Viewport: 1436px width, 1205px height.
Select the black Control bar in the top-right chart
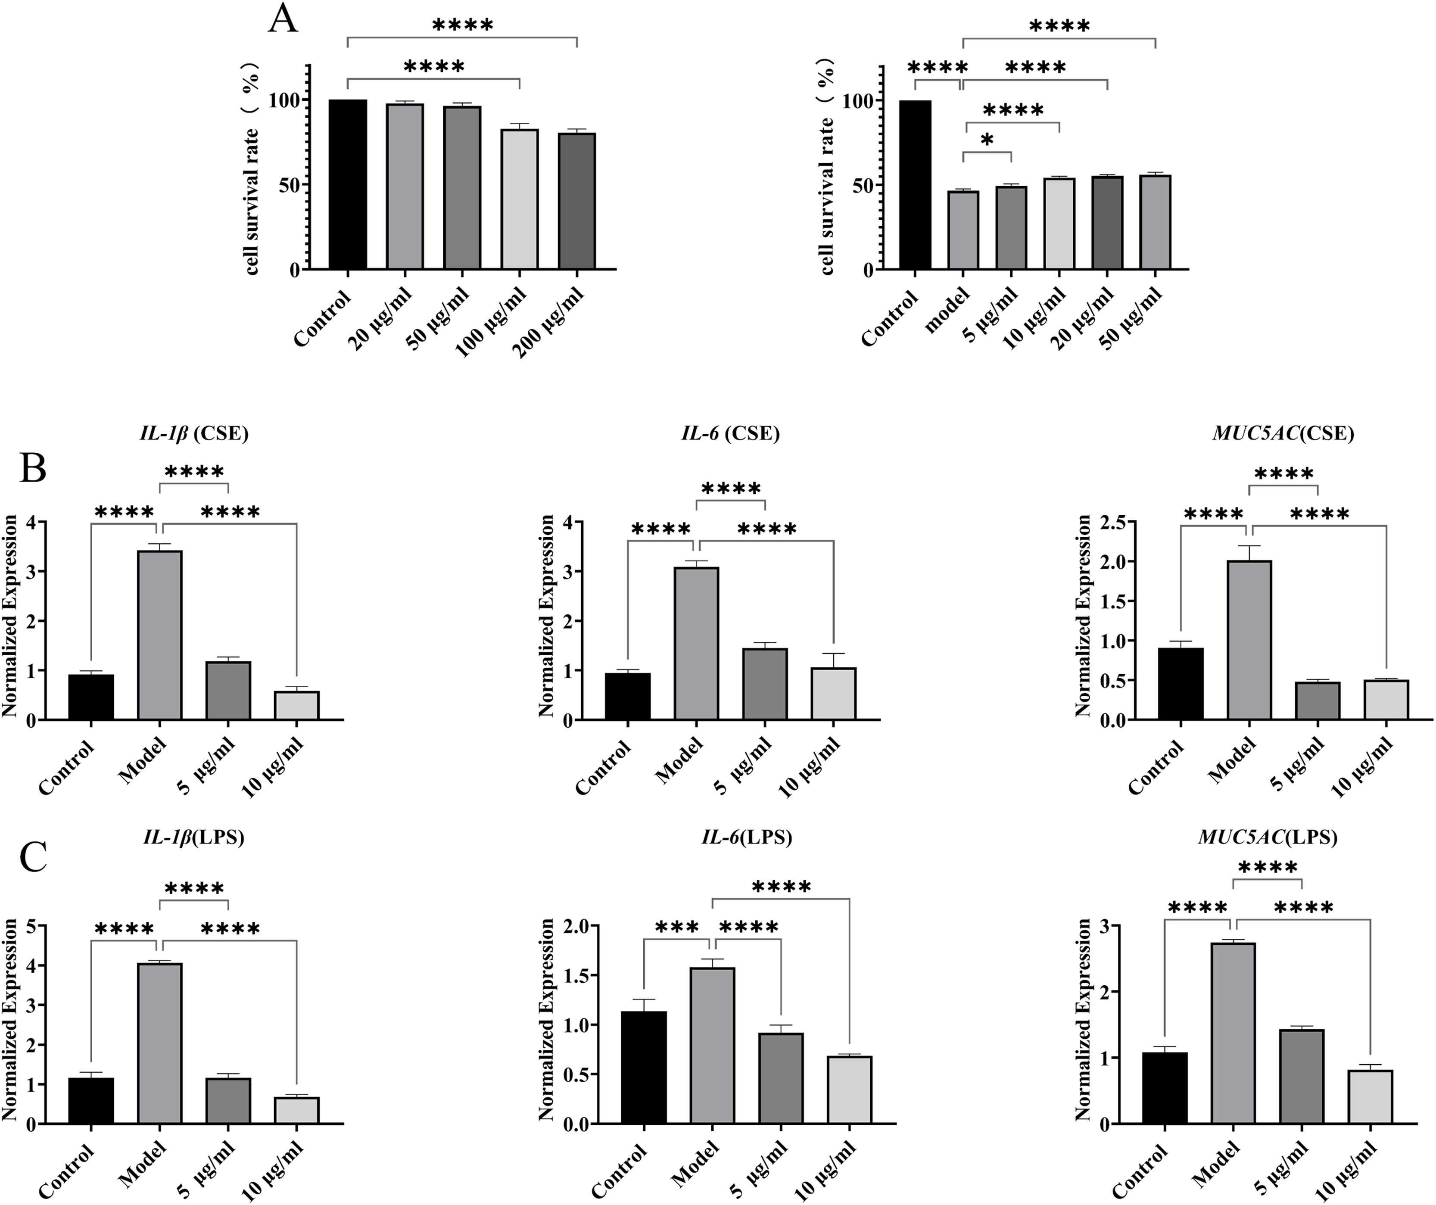pos(914,185)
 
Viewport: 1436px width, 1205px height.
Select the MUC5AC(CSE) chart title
pos(1283,433)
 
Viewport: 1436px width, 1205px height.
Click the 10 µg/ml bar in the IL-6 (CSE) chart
pos(834,694)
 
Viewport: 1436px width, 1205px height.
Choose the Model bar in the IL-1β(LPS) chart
pos(160,1043)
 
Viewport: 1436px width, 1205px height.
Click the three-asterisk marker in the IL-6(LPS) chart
pos(677,928)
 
